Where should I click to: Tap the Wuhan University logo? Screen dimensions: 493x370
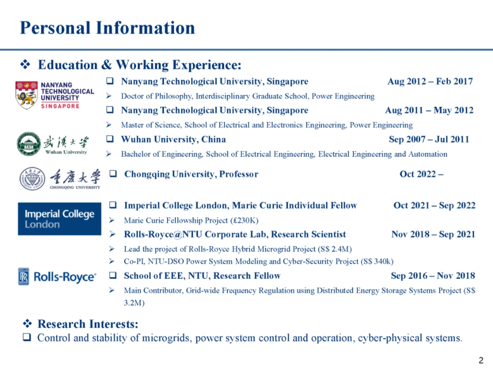[x=52, y=144]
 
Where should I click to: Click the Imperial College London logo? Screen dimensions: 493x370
[x=60, y=219]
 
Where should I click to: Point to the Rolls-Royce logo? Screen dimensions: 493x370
[x=57, y=277]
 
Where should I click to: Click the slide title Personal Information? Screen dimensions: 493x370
[x=107, y=28]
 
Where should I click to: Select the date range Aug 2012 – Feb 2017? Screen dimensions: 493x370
[x=430, y=81]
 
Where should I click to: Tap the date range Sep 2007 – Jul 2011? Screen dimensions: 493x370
[x=429, y=139]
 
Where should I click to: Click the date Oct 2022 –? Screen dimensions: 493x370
[x=421, y=174]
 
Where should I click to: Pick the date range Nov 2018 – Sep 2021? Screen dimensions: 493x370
[x=433, y=234]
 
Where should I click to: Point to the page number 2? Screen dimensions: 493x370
[x=481, y=360]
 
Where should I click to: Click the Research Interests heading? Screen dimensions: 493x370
[x=88, y=324]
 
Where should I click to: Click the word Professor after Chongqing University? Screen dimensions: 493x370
[x=239, y=174]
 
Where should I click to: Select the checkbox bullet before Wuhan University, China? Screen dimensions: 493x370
[x=109, y=139]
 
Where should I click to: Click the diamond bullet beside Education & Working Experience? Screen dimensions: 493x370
[x=25, y=64]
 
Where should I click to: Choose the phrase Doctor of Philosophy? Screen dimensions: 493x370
[x=156, y=96]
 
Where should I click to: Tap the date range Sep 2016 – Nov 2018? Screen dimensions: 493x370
[x=433, y=276]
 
